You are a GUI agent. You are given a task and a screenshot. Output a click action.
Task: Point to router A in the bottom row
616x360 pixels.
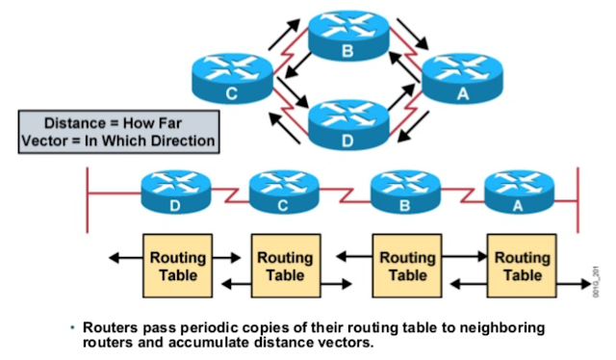[x=518, y=191]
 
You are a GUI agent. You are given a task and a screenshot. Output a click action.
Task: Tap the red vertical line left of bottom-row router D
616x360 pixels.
[x=88, y=196]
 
